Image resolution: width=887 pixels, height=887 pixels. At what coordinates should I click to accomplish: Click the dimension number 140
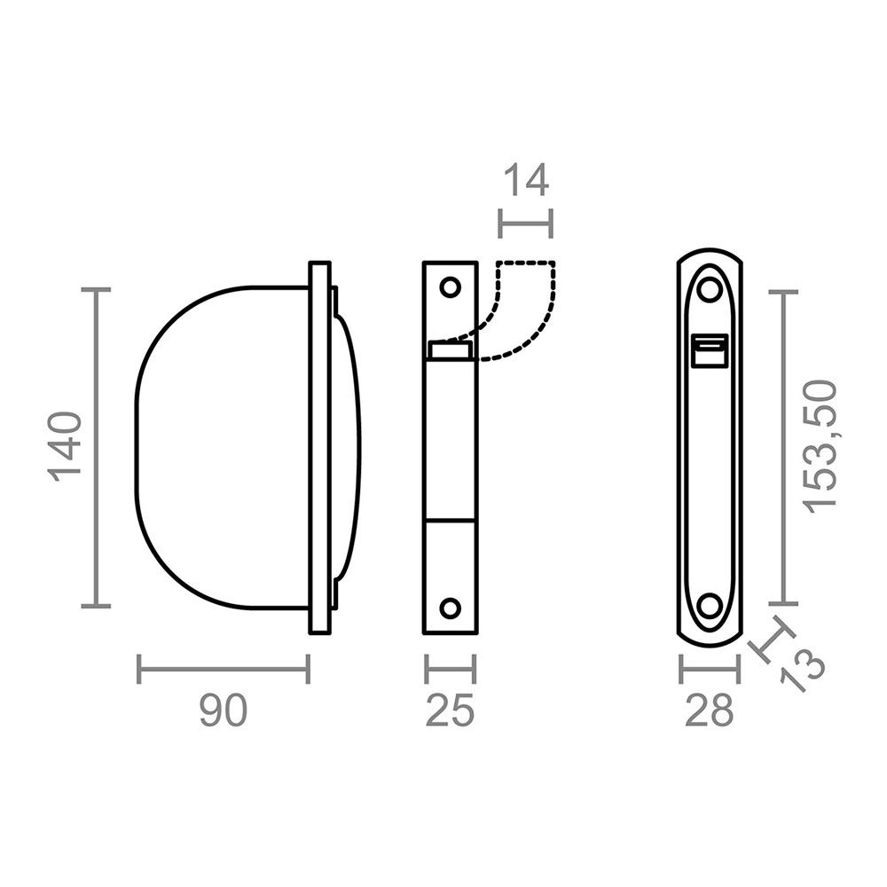[67, 446]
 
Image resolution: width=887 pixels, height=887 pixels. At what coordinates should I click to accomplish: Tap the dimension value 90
[223, 711]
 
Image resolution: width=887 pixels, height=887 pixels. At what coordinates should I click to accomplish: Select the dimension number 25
[450, 711]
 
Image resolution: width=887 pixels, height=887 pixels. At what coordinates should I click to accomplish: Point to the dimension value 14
[525, 180]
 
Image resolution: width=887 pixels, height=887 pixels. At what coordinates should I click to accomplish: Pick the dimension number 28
[710, 711]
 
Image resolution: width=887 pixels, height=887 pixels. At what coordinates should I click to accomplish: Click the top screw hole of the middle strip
[451, 287]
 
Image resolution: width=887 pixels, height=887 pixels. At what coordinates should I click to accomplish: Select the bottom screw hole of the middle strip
[451, 608]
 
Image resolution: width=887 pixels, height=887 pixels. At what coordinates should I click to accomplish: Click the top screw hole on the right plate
[710, 289]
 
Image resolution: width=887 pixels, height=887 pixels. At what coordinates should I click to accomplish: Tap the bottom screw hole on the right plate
[710, 606]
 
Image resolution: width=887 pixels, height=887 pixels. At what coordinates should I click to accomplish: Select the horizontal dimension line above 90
[223, 669]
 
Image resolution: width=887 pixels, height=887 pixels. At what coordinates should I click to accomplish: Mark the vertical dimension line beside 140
[96, 447]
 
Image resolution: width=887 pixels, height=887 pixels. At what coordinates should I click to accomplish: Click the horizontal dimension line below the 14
[525, 224]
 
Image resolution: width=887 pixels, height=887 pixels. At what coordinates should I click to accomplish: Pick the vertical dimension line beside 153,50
[782, 447]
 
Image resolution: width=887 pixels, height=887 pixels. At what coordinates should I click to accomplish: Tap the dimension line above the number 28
[710, 669]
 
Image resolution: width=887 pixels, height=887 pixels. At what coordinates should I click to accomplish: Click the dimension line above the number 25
[450, 669]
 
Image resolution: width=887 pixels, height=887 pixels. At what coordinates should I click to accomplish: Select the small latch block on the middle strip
[450, 350]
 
